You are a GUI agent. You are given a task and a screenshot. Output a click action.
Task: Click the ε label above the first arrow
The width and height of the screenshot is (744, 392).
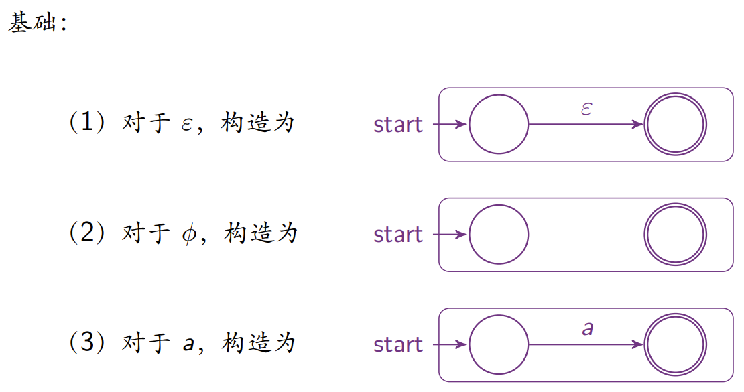(586, 109)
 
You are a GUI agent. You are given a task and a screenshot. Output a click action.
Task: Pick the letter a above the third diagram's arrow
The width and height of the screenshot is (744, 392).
(588, 328)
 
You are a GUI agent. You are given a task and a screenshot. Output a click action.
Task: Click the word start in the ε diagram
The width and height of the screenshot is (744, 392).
(398, 125)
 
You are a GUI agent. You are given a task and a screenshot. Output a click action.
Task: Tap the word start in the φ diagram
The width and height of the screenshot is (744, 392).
(398, 235)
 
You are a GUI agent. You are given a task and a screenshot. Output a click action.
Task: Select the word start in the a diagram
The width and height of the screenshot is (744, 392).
(398, 344)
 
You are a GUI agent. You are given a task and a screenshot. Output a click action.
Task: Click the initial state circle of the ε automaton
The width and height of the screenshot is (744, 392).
(499, 125)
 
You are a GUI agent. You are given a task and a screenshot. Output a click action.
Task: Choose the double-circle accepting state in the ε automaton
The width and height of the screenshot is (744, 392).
(675, 125)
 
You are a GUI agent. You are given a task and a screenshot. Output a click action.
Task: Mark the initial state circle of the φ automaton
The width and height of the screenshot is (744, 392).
(499, 235)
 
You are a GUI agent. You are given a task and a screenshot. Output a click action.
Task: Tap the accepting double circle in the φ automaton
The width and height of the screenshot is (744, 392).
(675, 235)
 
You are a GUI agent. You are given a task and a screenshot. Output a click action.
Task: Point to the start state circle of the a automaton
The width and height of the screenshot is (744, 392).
(499, 344)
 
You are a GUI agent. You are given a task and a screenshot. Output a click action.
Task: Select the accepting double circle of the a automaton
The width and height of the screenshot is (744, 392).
(675, 344)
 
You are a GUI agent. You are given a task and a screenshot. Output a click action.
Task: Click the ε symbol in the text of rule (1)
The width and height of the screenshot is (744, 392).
(187, 125)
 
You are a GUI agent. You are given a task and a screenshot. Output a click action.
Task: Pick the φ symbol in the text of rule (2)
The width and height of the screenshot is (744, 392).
(187, 235)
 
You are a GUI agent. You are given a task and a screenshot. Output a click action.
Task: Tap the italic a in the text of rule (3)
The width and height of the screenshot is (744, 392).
(188, 345)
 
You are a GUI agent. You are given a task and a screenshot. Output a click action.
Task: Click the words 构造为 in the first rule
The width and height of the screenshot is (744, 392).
(257, 123)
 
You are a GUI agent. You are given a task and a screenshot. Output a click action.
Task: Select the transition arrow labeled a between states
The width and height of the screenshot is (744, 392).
(586, 344)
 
